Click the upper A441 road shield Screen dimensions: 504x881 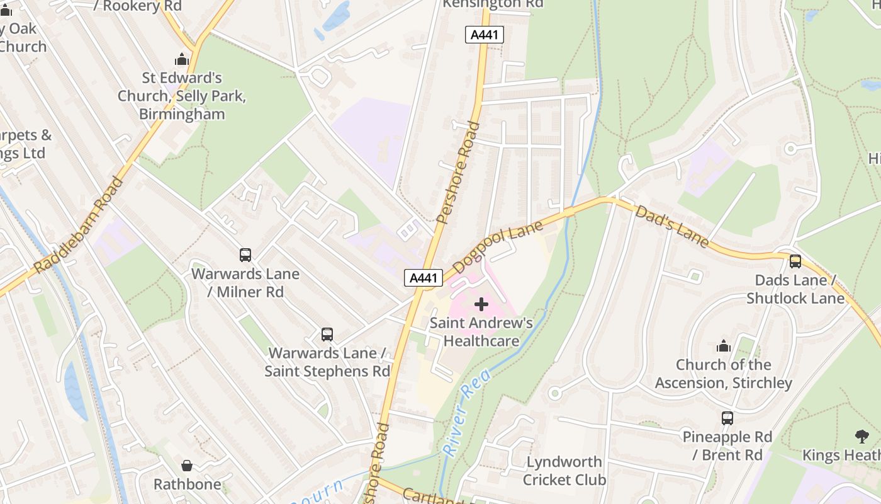485,35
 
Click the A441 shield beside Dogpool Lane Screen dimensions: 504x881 424,278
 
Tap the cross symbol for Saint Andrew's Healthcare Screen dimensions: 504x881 481,304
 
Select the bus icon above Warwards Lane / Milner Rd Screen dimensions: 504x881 245,255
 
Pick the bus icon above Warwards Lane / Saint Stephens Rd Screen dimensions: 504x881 327,335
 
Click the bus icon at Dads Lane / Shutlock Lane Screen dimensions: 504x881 795,261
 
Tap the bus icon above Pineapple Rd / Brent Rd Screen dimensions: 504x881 727,418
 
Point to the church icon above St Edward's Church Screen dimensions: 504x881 182,60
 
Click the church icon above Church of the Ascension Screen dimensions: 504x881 724,346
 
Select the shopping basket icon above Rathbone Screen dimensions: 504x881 187,466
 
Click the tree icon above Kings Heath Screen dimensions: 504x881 862,436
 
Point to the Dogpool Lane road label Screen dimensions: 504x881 497,246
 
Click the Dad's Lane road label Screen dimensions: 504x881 672,226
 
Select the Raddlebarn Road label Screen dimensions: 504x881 79,226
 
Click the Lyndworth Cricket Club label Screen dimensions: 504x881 564,471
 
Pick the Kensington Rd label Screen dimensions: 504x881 493,4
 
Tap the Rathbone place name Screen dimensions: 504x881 188,484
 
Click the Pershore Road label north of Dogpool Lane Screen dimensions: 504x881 457,173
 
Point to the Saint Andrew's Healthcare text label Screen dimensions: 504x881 481,332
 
